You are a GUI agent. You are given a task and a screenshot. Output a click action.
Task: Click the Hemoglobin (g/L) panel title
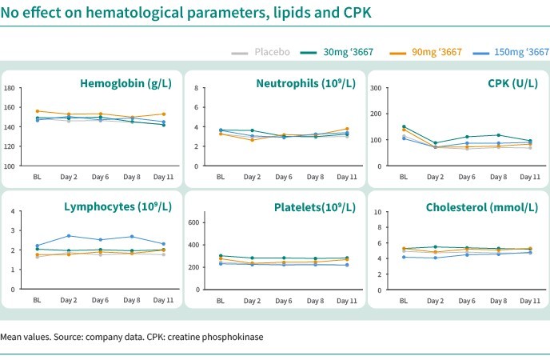(x=125, y=83)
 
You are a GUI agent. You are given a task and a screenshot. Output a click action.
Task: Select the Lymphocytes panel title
(x=118, y=207)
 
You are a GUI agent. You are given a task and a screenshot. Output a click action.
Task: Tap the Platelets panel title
(x=306, y=207)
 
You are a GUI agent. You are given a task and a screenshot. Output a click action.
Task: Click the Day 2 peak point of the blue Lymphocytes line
(x=69, y=236)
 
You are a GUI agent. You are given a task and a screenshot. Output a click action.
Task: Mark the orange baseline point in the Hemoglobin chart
(x=37, y=111)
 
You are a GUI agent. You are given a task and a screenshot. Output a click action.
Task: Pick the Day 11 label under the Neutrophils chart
(x=347, y=175)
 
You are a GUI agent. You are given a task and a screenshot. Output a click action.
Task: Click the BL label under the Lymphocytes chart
(x=37, y=300)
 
